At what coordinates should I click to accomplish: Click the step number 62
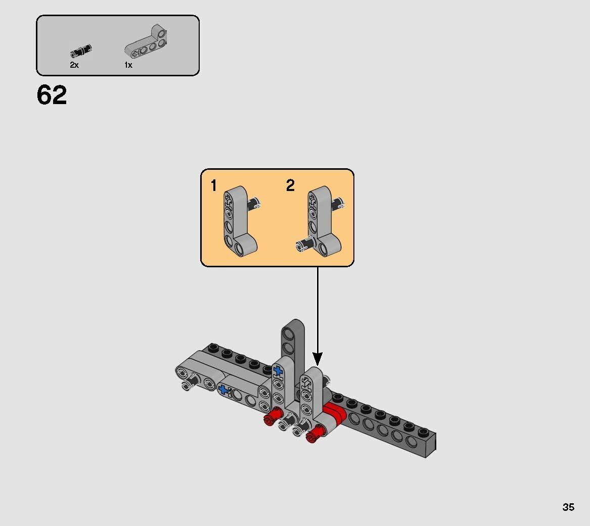tap(52, 95)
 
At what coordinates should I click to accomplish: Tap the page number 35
tap(568, 507)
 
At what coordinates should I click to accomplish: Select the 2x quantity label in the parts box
tap(74, 65)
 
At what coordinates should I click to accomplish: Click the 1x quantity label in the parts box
tap(128, 65)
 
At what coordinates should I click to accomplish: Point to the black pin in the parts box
tap(81, 51)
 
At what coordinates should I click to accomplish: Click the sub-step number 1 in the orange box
tap(214, 186)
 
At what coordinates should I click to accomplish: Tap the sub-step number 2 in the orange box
tap(290, 185)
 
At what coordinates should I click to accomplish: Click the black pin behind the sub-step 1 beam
tap(254, 204)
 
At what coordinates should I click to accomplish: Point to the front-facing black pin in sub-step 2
tap(304, 246)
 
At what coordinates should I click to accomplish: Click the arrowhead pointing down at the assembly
tap(317, 359)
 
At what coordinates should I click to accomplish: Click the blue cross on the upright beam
tap(277, 371)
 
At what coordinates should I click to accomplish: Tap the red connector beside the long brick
tap(335, 414)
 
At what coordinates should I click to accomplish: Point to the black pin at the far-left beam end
tap(186, 386)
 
